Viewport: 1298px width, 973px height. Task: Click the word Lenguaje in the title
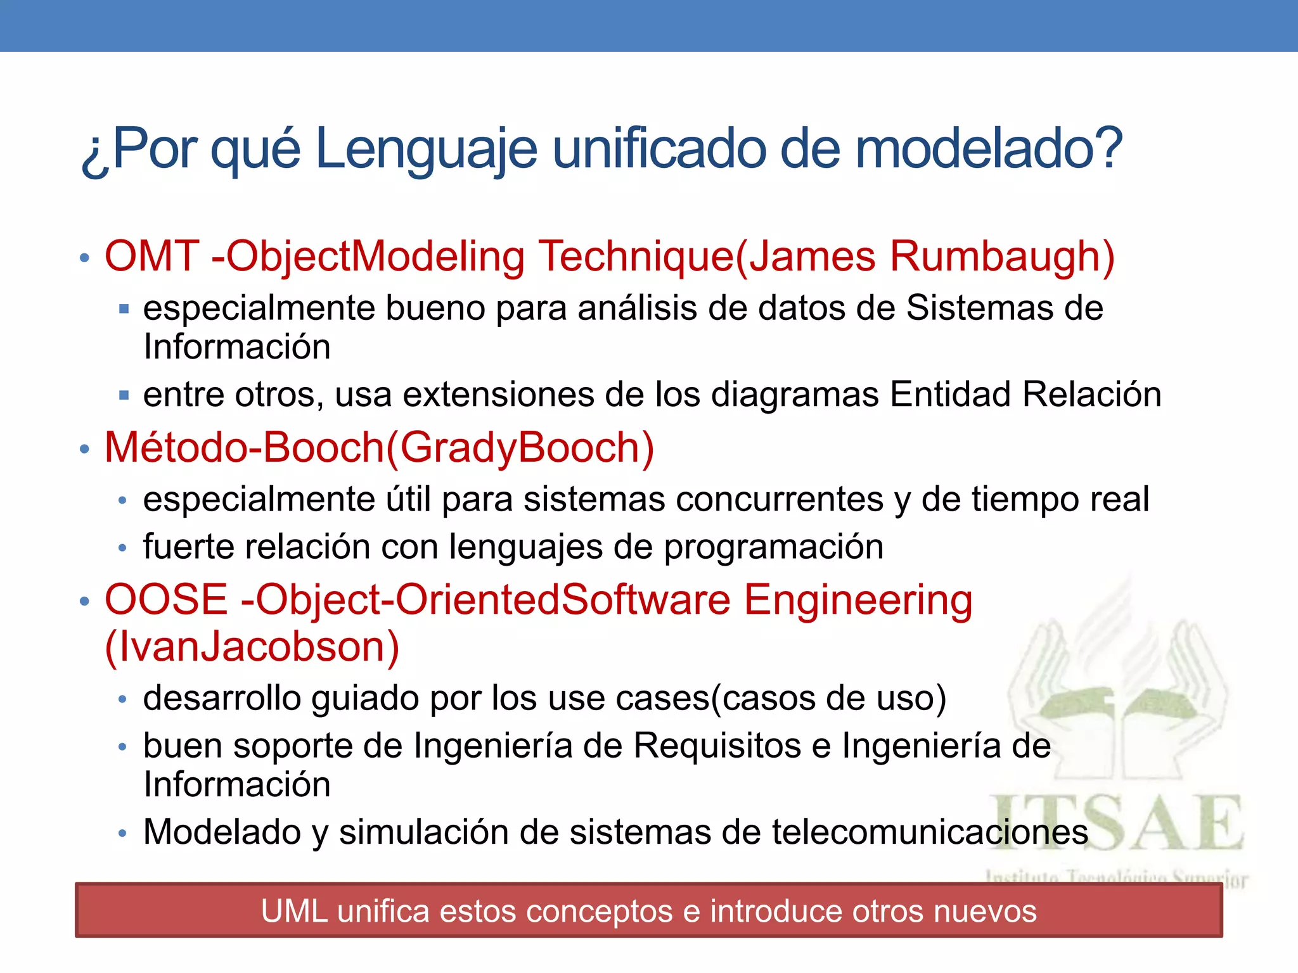426,149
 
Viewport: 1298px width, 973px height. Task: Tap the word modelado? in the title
989,149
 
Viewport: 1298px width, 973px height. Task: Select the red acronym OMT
152,257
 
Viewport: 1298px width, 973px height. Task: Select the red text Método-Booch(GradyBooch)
379,448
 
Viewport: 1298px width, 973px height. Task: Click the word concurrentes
780,499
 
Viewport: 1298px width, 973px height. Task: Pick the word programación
773,547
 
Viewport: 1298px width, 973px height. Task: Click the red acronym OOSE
166,599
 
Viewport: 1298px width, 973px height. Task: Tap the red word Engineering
858,601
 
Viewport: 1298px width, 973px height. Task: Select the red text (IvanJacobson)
252,647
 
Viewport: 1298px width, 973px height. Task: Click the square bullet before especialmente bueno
124,309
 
